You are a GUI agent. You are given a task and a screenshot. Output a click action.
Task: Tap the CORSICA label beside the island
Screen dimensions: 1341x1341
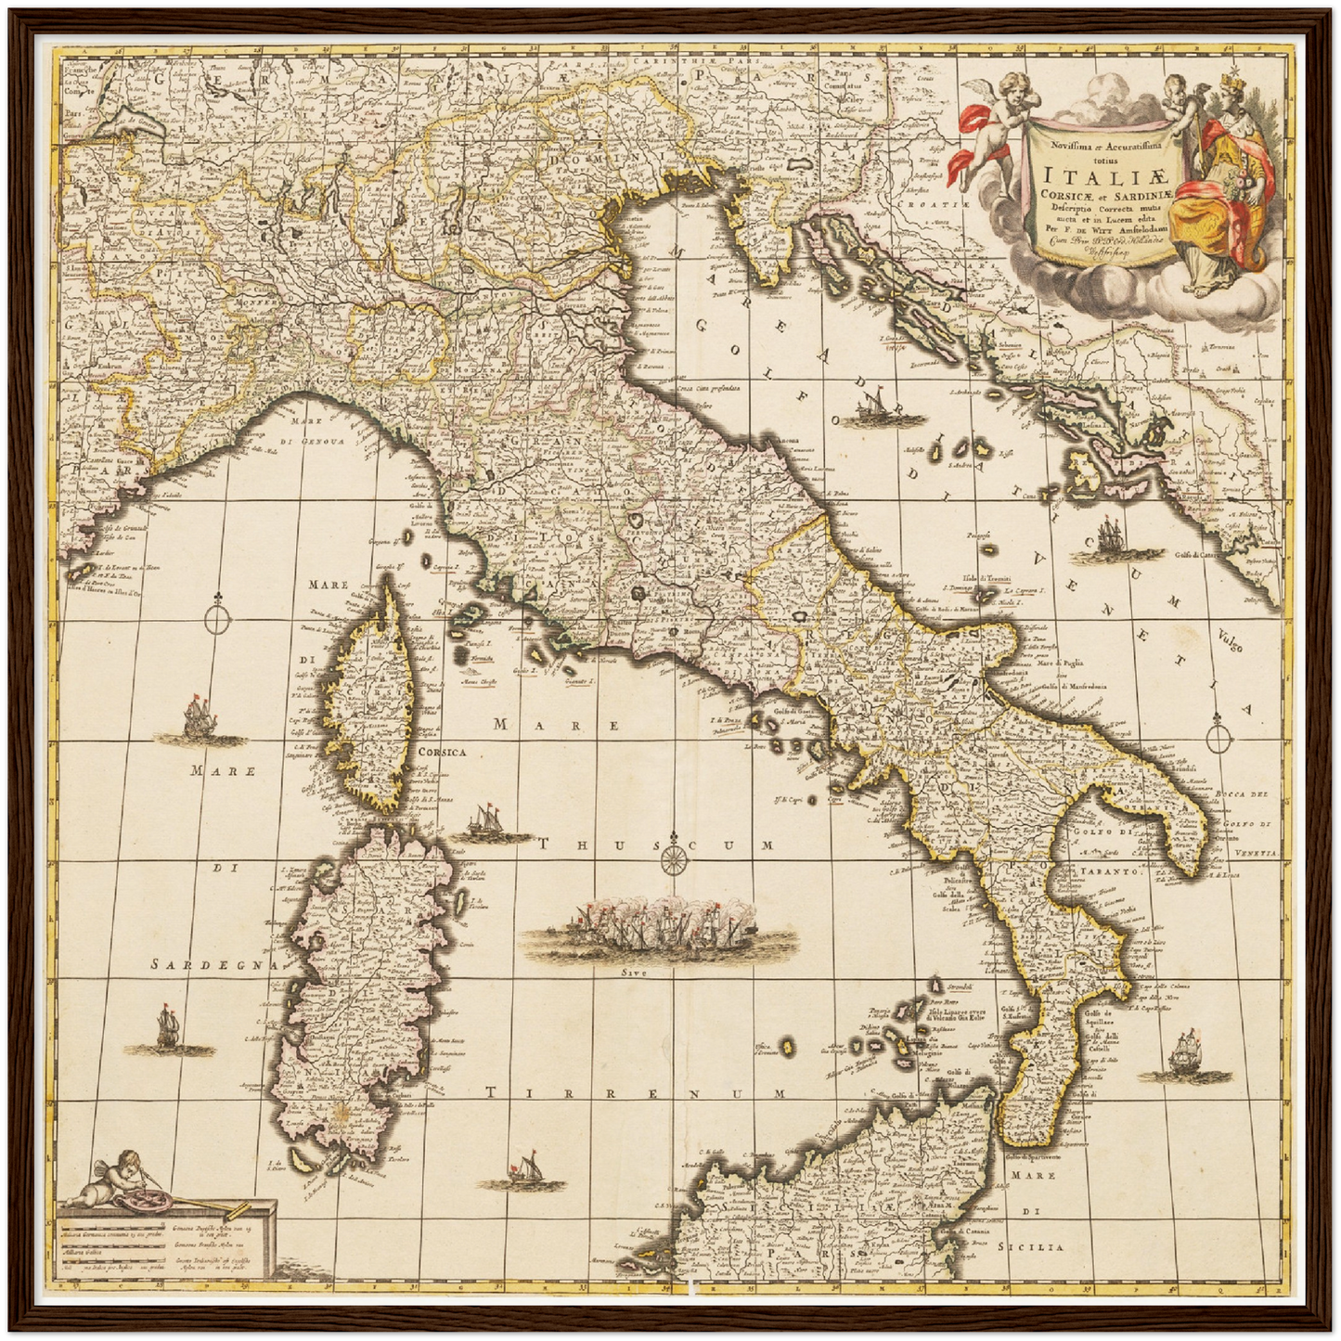(442, 753)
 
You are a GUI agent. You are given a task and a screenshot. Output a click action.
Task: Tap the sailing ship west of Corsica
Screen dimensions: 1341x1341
(196, 719)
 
